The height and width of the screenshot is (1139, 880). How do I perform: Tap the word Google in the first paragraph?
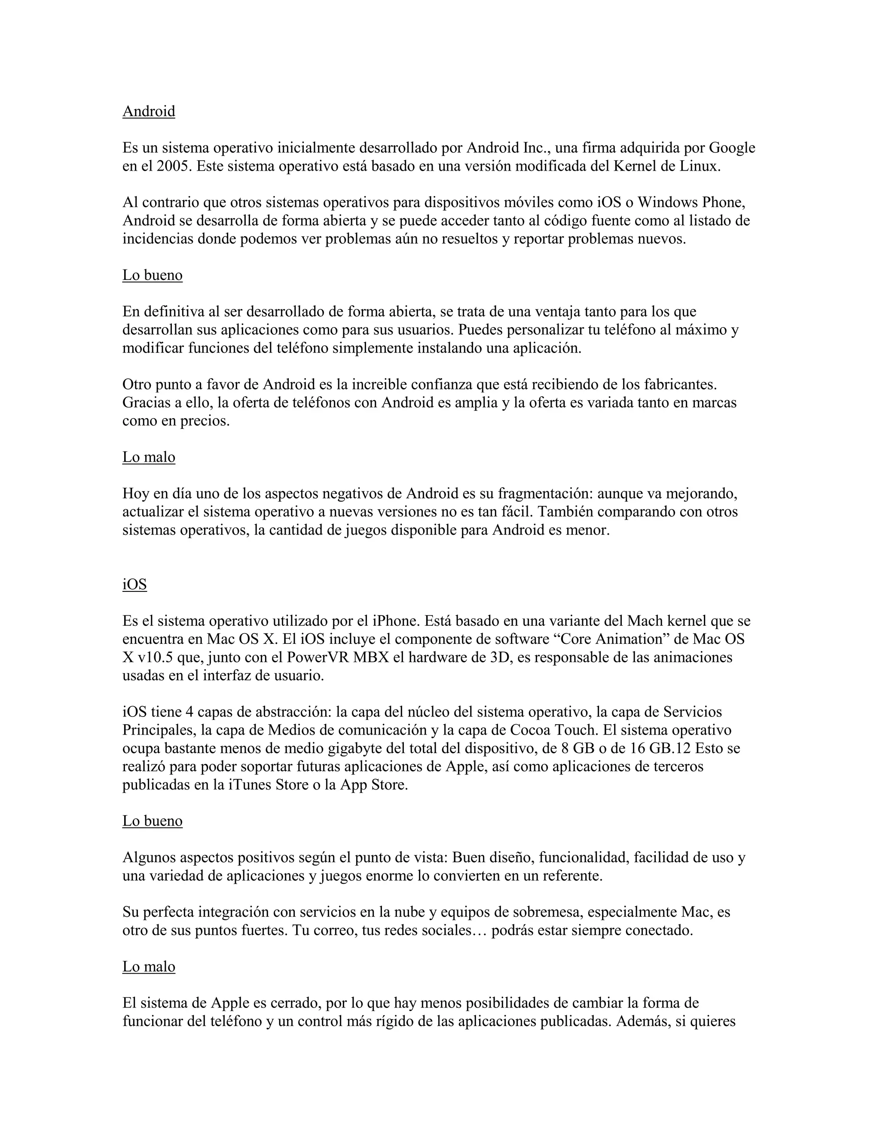[x=732, y=148]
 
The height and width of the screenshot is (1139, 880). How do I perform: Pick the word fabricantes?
[x=680, y=384]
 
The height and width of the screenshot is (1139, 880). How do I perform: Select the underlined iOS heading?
[x=134, y=585]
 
